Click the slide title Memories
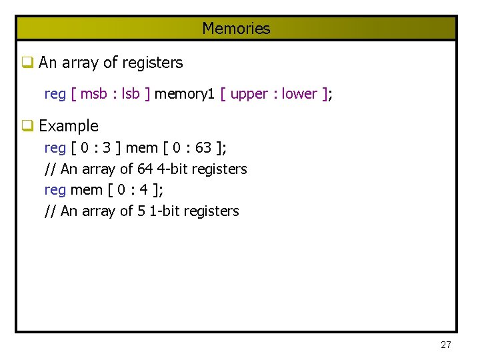point(236,29)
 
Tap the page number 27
point(446,345)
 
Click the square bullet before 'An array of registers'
point(27,63)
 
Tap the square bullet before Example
point(27,126)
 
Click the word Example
point(69,126)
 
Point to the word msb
point(95,94)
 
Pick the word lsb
point(131,94)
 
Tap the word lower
point(300,94)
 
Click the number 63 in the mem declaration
point(203,147)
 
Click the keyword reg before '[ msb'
point(55,95)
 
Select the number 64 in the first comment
point(145,169)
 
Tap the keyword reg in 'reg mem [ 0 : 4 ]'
point(55,191)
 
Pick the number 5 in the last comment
point(141,211)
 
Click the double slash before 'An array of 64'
point(50,169)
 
